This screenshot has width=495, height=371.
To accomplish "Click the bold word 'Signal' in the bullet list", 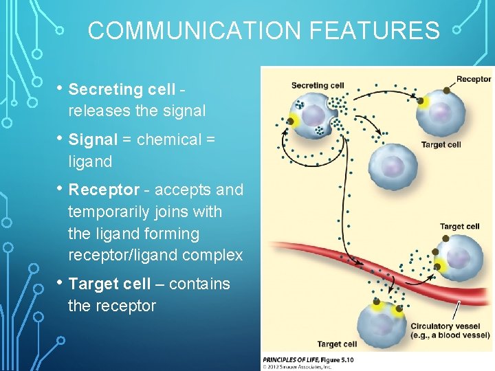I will coord(93,139).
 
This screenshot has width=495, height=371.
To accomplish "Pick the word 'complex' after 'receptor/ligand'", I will coord(213,255).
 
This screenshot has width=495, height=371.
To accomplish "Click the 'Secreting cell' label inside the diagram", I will coord(317,86).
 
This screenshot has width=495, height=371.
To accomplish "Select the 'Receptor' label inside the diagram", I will coord(474,79).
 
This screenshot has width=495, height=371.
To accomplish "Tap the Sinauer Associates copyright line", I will coord(297,366).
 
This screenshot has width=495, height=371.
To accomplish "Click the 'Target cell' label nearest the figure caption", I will coord(337,344).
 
